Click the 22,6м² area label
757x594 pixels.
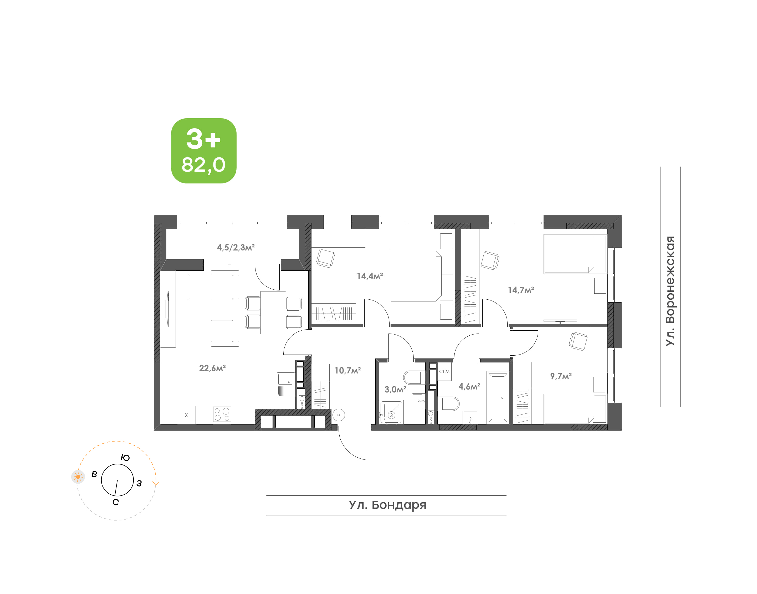[212, 368]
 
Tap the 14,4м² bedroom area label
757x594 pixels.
[370, 276]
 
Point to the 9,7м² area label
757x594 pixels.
[561, 376]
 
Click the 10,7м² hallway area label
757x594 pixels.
[348, 370]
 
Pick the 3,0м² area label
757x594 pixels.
[395, 390]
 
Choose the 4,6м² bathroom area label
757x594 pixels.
[469, 386]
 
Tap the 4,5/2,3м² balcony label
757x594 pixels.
[236, 247]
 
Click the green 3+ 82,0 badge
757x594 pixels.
[204, 151]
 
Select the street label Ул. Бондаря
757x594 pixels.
[388, 505]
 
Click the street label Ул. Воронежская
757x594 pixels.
[670, 291]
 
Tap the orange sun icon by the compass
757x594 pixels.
[78, 477]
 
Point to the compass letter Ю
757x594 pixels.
[125, 458]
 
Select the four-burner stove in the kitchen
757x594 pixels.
[222, 415]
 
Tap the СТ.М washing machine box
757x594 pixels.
[444, 371]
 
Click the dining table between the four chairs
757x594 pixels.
[273, 313]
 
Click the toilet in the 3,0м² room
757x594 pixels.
[414, 377]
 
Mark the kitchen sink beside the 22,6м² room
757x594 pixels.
[285, 379]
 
